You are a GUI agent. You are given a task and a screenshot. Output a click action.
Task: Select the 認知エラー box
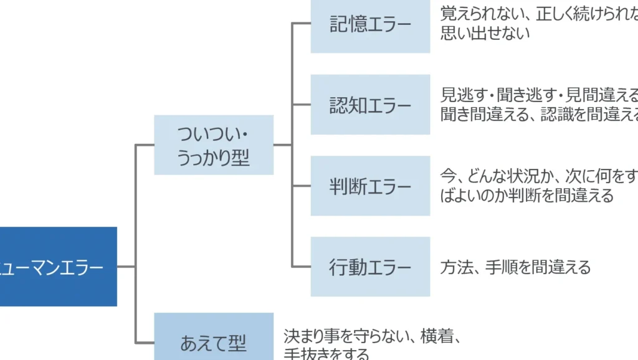coord(370,105)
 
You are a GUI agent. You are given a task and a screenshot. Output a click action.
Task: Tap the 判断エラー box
coord(370,186)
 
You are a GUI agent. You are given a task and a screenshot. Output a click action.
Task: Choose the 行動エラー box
coord(370,267)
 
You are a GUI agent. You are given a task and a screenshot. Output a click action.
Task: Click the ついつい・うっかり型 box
coord(214,145)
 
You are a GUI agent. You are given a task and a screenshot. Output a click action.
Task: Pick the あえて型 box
coord(214,339)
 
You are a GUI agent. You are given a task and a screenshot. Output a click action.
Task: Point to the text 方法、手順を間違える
coord(515,267)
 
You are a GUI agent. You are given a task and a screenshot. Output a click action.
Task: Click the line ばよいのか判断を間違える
coord(527,196)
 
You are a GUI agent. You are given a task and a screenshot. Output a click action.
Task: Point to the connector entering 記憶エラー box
coord(302,24)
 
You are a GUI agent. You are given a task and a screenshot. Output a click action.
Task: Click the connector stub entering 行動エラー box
coord(302,267)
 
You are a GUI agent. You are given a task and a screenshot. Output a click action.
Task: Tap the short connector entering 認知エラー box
coord(302,105)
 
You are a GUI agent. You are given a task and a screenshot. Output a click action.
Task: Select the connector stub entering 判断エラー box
coord(302,186)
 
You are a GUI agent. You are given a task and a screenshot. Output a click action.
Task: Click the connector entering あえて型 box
coord(145,342)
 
